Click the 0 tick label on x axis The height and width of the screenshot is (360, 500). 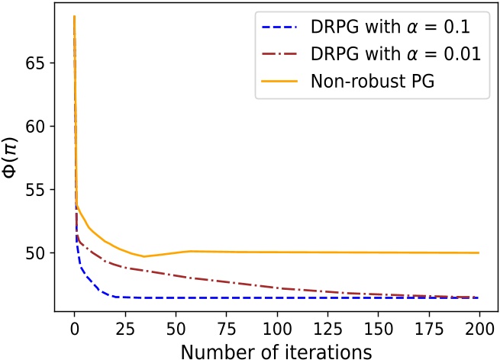click(74, 331)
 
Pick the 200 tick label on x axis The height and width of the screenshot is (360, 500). click(479, 331)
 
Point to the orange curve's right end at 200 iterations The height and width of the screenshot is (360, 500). click(479, 252)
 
